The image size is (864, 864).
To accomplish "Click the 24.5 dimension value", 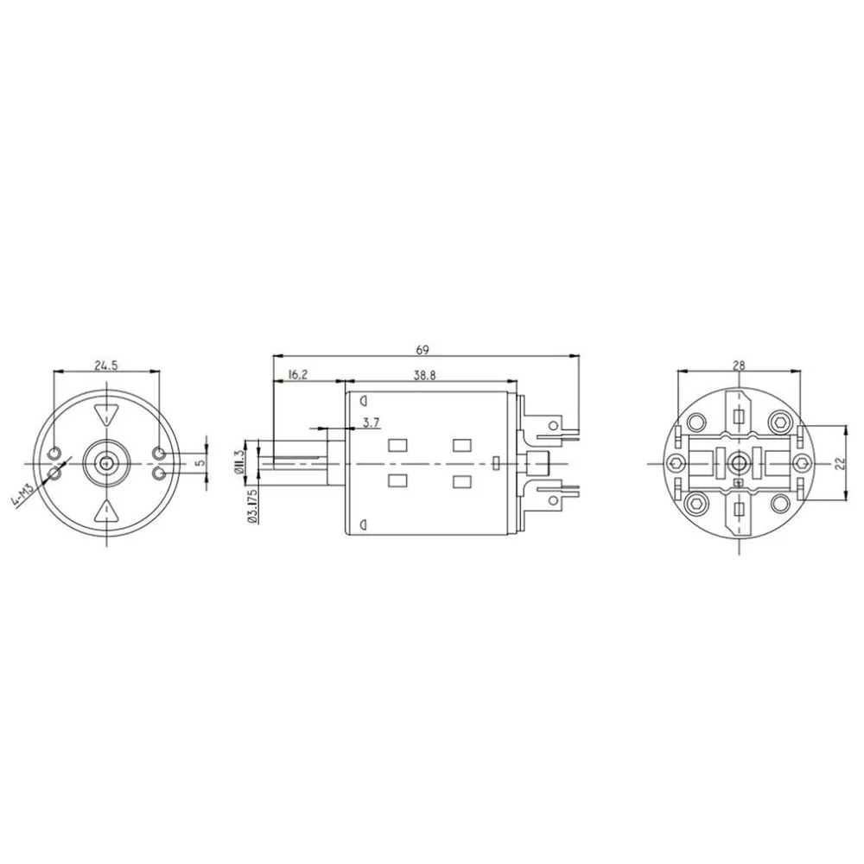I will pyautogui.click(x=106, y=365).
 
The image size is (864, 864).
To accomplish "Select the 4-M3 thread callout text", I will pyautogui.click(x=23, y=499).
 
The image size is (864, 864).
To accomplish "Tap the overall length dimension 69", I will pyautogui.click(x=422, y=349).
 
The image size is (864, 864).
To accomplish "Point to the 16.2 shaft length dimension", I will pyautogui.click(x=295, y=374).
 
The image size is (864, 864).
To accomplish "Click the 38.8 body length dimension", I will pyautogui.click(x=423, y=374).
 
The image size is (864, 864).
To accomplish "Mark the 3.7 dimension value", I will pyautogui.click(x=372, y=422).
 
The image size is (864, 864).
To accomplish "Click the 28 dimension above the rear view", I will pyautogui.click(x=739, y=365).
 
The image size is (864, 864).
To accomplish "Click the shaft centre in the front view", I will pyautogui.click(x=106, y=462).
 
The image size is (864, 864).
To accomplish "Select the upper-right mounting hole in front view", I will pyautogui.click(x=158, y=454).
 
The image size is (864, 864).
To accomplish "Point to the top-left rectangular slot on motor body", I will pyautogui.click(x=397, y=446).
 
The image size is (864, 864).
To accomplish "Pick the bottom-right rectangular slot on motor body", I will pyautogui.click(x=461, y=480).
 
